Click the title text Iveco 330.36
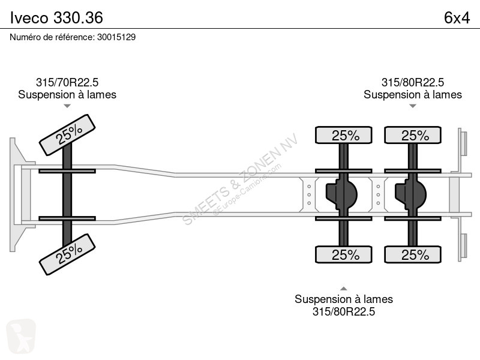[56, 17]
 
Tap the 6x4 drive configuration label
[457, 18]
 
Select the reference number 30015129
[116, 37]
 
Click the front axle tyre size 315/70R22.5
[67, 82]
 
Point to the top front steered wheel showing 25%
[67, 135]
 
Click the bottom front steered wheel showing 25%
[67, 254]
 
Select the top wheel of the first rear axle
[343, 135]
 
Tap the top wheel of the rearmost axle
[413, 135]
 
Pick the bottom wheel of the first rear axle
[343, 254]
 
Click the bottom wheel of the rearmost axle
[413, 254]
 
